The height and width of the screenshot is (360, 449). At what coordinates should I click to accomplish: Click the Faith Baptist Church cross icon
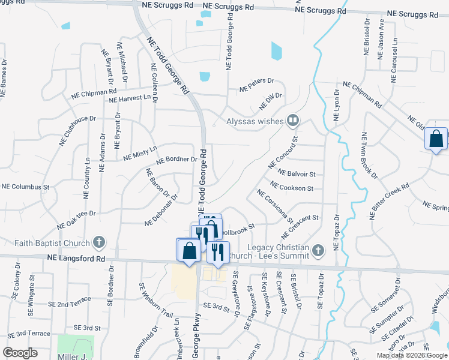[100, 243]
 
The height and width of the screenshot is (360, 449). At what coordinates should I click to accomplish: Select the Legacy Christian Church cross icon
[319, 248]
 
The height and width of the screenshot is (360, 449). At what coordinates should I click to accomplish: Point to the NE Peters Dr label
[256, 85]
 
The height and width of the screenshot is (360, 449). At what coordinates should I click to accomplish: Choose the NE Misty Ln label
[140, 153]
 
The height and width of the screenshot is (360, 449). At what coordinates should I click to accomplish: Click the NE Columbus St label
[25, 187]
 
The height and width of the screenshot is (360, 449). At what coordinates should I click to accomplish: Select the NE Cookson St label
[292, 187]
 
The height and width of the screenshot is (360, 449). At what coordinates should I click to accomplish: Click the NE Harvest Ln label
[130, 98]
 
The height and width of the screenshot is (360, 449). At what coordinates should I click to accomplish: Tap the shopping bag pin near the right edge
[436, 139]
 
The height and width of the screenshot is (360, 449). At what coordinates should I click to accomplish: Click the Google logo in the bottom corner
[20, 353]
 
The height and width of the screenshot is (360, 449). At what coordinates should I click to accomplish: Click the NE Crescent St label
[303, 225]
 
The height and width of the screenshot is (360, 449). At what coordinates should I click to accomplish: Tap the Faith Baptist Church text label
[52, 243]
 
